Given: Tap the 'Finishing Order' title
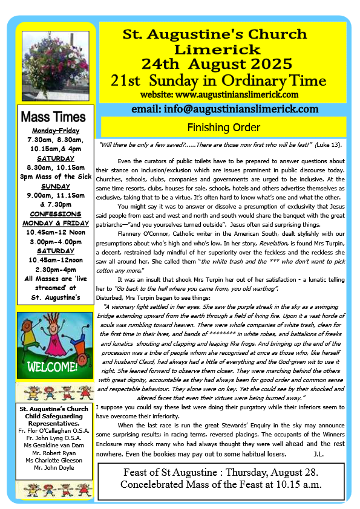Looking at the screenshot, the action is click(223, 128).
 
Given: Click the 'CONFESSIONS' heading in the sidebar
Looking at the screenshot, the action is click(56, 213).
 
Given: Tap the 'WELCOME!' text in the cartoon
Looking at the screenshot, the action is click(54, 366).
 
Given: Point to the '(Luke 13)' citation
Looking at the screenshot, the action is click(330, 145).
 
